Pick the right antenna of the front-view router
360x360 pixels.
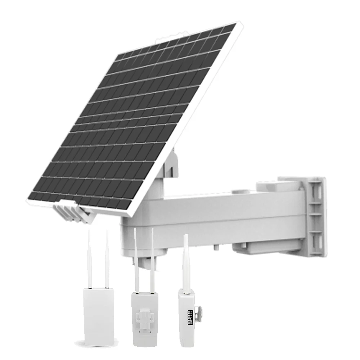click(107, 257)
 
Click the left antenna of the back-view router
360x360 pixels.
click(136, 257)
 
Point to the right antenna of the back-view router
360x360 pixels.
click(152, 257)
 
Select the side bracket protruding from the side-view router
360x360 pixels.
click(198, 310)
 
